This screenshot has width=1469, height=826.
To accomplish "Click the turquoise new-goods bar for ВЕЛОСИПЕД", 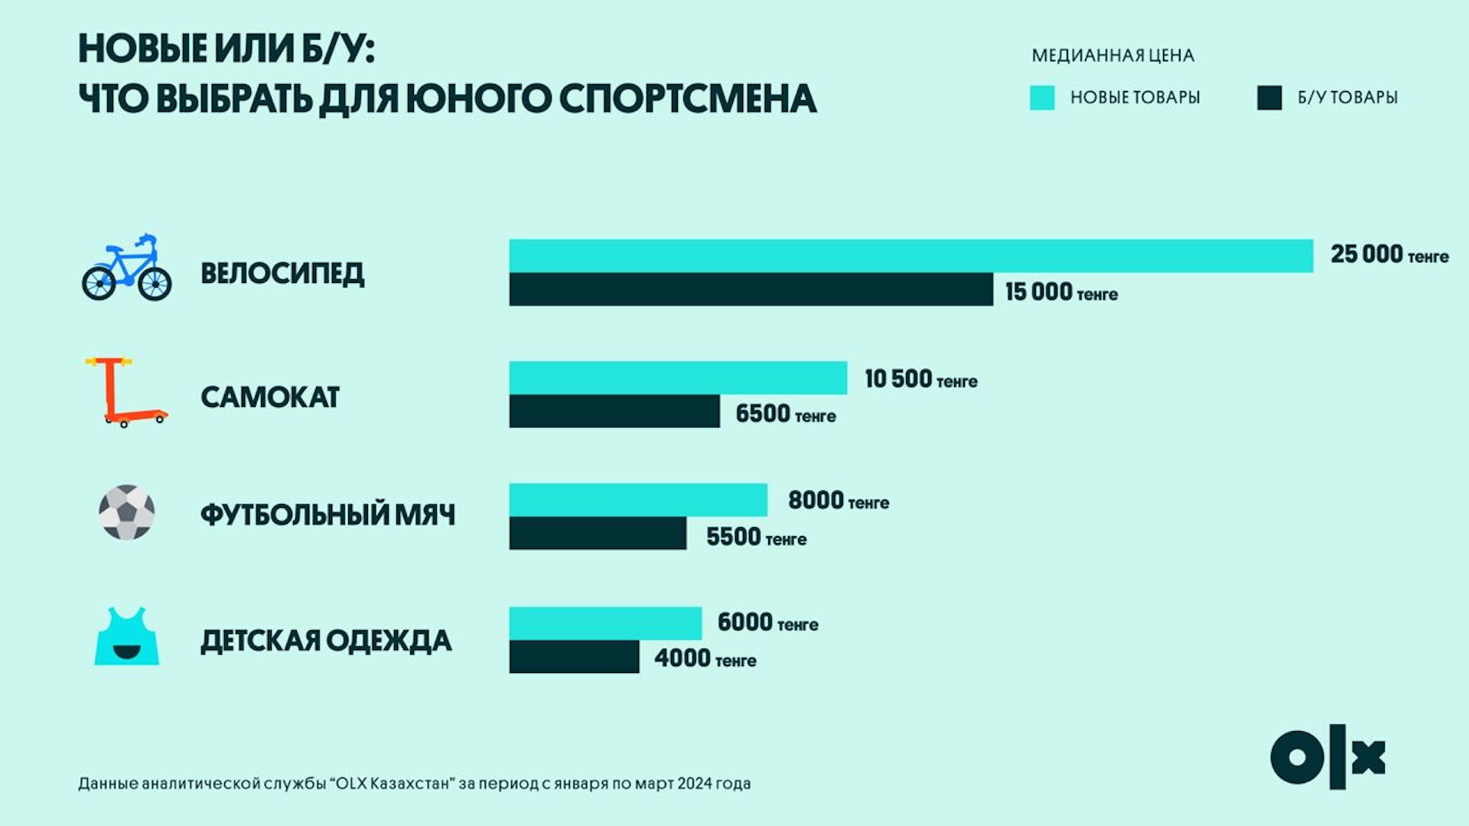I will tap(910, 255).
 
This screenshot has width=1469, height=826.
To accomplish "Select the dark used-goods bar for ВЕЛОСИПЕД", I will tap(751, 289).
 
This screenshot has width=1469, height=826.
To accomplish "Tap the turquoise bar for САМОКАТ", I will tap(678, 378).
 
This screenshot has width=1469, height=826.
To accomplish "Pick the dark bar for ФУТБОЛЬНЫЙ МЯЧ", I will tap(598, 533).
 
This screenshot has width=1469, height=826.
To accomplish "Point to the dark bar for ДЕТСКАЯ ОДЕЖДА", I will tap(574, 656).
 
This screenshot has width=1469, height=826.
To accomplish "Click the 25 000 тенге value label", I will tap(1389, 255).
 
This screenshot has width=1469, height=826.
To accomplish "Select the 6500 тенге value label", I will tap(785, 415).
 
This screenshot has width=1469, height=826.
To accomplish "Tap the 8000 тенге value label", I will tap(838, 501).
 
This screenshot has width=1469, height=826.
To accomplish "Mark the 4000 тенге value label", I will tap(705, 659).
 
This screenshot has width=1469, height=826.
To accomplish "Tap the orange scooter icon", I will tap(125, 392).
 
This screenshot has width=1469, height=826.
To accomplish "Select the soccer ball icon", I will tap(126, 512).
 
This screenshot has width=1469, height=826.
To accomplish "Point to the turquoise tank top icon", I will tap(127, 637).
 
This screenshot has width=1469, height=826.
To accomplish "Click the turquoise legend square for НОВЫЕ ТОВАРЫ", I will tap(1042, 98).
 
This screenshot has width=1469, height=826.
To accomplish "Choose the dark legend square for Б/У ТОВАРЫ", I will tap(1269, 98).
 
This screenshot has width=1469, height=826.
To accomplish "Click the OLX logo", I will tap(1327, 757).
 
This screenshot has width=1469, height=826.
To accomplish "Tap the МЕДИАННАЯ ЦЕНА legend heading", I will tap(1112, 56).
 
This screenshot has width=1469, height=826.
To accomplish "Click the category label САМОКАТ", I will tap(269, 398).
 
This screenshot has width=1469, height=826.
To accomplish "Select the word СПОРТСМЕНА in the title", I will tap(687, 99).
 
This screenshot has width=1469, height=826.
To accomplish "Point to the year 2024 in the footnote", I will tap(694, 783).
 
